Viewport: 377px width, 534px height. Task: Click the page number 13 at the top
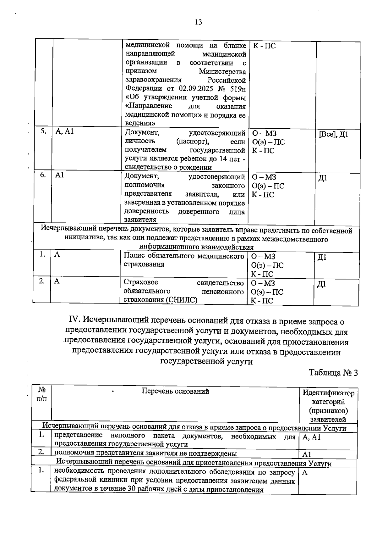point(198,22)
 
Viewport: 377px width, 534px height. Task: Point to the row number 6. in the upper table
point(43,175)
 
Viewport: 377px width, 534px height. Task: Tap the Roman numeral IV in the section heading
point(75,321)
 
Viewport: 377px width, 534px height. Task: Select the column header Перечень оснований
point(175,391)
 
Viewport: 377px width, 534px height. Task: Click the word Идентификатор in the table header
point(328,393)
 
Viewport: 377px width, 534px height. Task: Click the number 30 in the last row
point(132,489)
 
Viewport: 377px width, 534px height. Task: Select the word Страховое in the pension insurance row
point(141,282)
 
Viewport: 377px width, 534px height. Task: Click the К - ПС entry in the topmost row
point(264,46)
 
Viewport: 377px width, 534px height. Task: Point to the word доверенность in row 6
point(146,211)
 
